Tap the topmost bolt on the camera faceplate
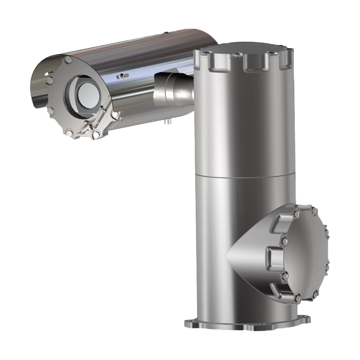(x=67, y=60)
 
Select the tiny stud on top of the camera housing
(x=167, y=33)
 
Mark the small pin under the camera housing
(x=167, y=121)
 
